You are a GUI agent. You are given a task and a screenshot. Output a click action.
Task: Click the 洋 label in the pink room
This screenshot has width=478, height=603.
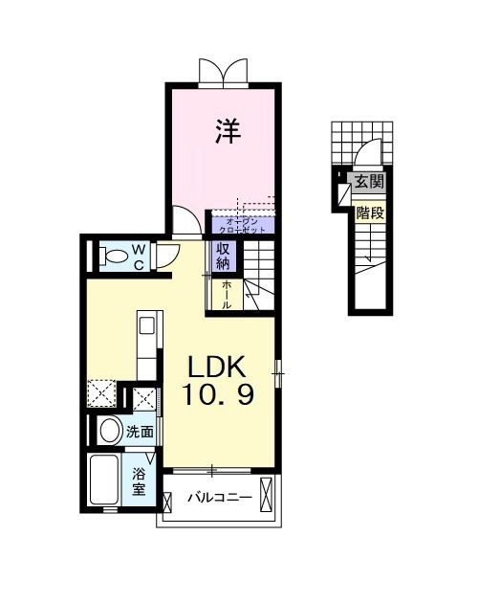coord(227,130)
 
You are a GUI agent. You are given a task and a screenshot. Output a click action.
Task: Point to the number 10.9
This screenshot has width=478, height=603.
coord(219,394)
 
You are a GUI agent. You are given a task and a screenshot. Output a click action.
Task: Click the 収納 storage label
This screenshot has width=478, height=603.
coord(223,256)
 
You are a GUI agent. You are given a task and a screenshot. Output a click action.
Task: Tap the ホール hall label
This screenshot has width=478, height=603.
coord(227,291)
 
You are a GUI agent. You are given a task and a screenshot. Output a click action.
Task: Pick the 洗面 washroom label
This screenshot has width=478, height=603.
coord(141,432)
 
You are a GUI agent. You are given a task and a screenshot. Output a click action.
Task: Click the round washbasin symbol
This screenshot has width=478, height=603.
coord(108,429)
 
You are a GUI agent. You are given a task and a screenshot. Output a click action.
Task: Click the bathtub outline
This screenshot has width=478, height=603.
coord(103,481)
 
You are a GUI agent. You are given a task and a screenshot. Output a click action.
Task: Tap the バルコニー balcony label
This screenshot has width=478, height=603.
coord(219,498)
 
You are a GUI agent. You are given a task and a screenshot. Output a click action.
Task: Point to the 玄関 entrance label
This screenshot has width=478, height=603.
coord(370,182)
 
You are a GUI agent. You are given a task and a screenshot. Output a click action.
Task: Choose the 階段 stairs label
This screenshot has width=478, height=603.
coord(371,212)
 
